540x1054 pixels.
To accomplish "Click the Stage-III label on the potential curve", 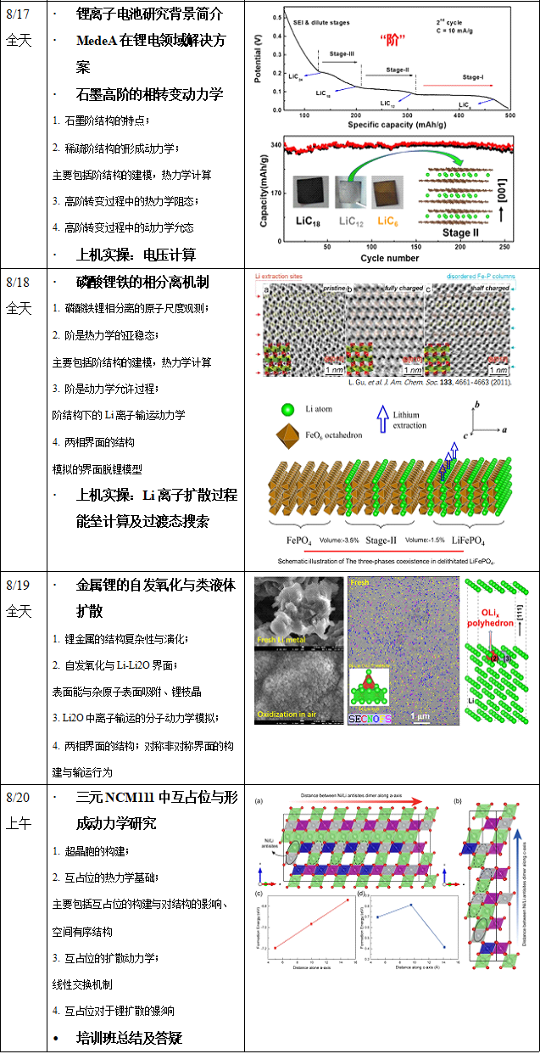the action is pyautogui.click(x=342, y=53).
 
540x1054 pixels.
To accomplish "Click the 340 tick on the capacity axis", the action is pyautogui.click(x=275, y=145).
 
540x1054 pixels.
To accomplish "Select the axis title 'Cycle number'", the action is pyautogui.click(x=389, y=258).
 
